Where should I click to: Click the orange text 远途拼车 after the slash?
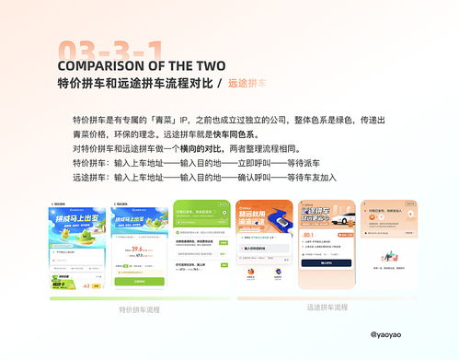tap(247, 84)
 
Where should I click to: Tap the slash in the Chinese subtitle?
tap(219, 84)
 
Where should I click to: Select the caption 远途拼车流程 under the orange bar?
tap(327, 307)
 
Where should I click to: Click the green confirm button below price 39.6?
tap(139, 280)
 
